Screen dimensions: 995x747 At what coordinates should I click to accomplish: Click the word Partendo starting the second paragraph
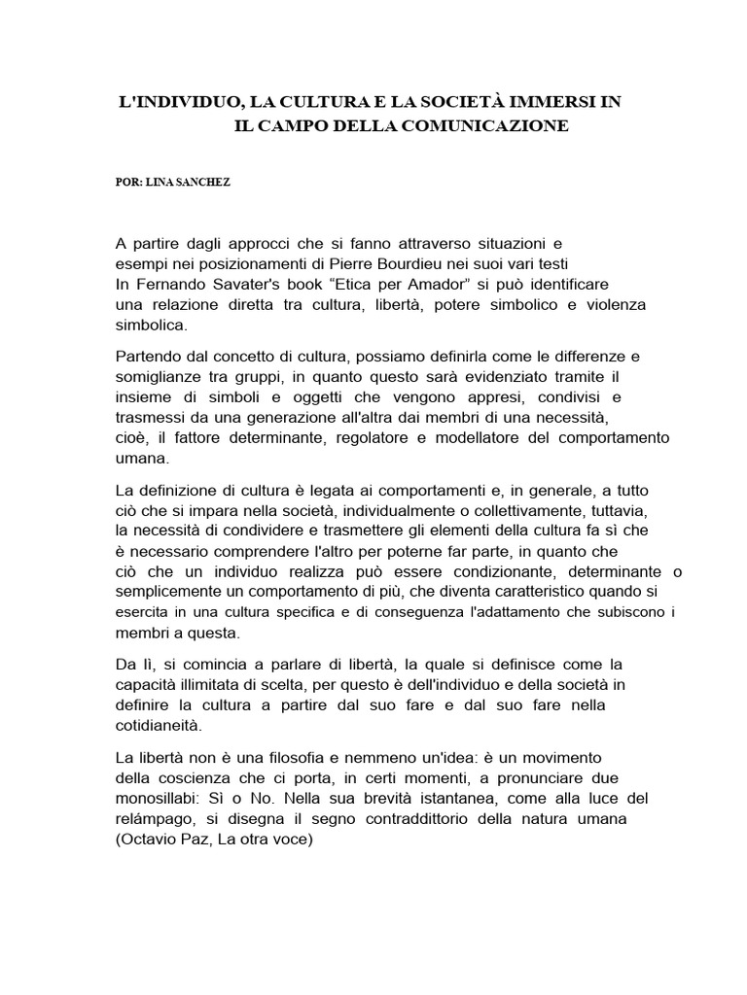pos(149,357)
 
